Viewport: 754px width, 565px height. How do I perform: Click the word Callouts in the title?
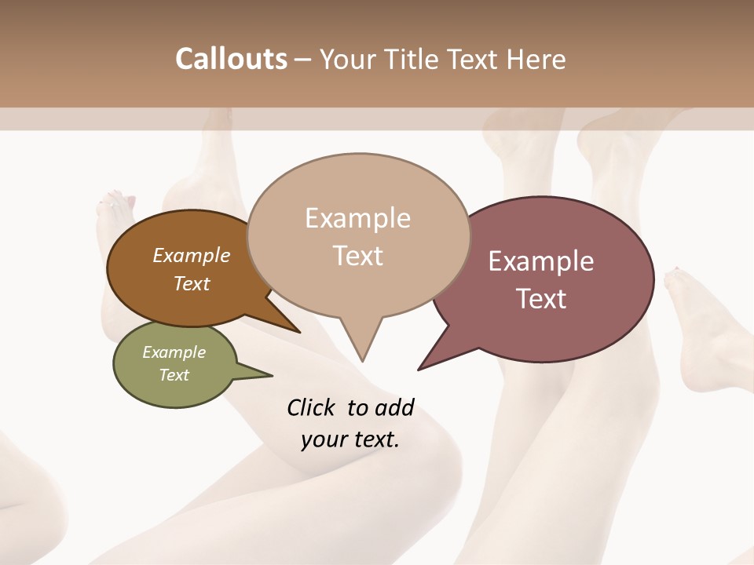231,59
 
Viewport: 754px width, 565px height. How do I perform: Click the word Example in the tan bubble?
357,218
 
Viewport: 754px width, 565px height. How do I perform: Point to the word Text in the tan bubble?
357,256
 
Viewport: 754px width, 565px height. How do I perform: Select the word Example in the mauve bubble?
541,261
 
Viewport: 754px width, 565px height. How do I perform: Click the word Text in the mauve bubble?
541,299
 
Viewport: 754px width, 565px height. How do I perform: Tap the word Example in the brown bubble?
191,256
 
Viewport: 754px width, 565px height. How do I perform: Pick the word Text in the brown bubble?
191,283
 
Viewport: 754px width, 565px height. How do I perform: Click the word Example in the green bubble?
174,352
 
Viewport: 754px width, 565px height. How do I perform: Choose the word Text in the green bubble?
174,375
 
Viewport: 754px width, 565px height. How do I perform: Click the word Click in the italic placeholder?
312,407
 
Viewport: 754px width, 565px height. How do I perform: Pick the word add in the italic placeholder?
395,407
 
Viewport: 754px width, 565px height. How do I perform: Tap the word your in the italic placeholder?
324,439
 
